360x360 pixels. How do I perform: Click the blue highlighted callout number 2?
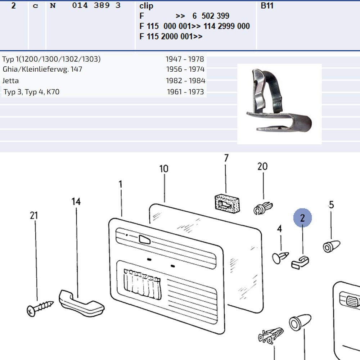[302, 218]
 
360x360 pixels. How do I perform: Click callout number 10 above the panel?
[164, 169]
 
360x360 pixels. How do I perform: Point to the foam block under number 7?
[227, 203]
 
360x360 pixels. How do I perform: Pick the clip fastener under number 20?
[263, 208]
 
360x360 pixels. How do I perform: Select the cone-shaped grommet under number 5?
[331, 246]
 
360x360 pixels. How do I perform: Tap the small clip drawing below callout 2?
[300, 262]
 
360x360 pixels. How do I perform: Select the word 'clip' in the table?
[146, 6]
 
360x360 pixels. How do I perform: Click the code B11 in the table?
[267, 5]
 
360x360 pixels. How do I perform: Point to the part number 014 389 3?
[96, 5]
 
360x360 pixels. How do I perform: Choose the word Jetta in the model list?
[10, 81]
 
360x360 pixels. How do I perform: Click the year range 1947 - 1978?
[185, 59]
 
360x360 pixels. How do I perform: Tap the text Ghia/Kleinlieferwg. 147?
[42, 69]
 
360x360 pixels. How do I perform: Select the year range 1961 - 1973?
[185, 92]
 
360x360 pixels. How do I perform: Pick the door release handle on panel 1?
[144, 239]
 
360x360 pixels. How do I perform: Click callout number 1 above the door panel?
[120, 184]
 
